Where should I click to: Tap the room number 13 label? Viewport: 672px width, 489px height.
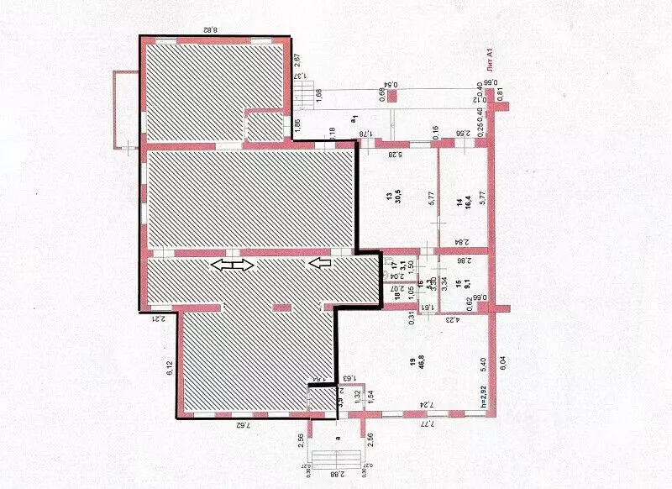389,197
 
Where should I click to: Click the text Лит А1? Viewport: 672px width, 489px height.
491,62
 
